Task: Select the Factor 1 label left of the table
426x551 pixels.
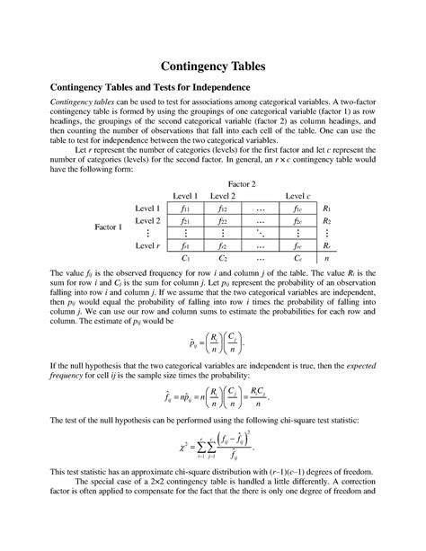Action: click(111, 227)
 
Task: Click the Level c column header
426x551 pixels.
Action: click(298, 196)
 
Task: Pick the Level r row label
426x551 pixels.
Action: click(146, 244)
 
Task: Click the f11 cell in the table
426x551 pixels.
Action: click(185, 209)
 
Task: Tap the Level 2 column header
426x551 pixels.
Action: click(223, 196)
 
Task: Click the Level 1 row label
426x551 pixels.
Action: click(146, 209)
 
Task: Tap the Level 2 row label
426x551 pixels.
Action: click(146, 221)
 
